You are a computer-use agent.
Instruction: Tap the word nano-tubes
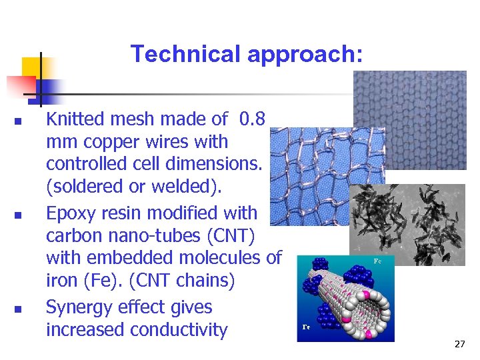click(x=160, y=235)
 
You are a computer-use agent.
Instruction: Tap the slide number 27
click(x=459, y=344)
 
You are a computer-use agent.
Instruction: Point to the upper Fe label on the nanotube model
click(x=377, y=261)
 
